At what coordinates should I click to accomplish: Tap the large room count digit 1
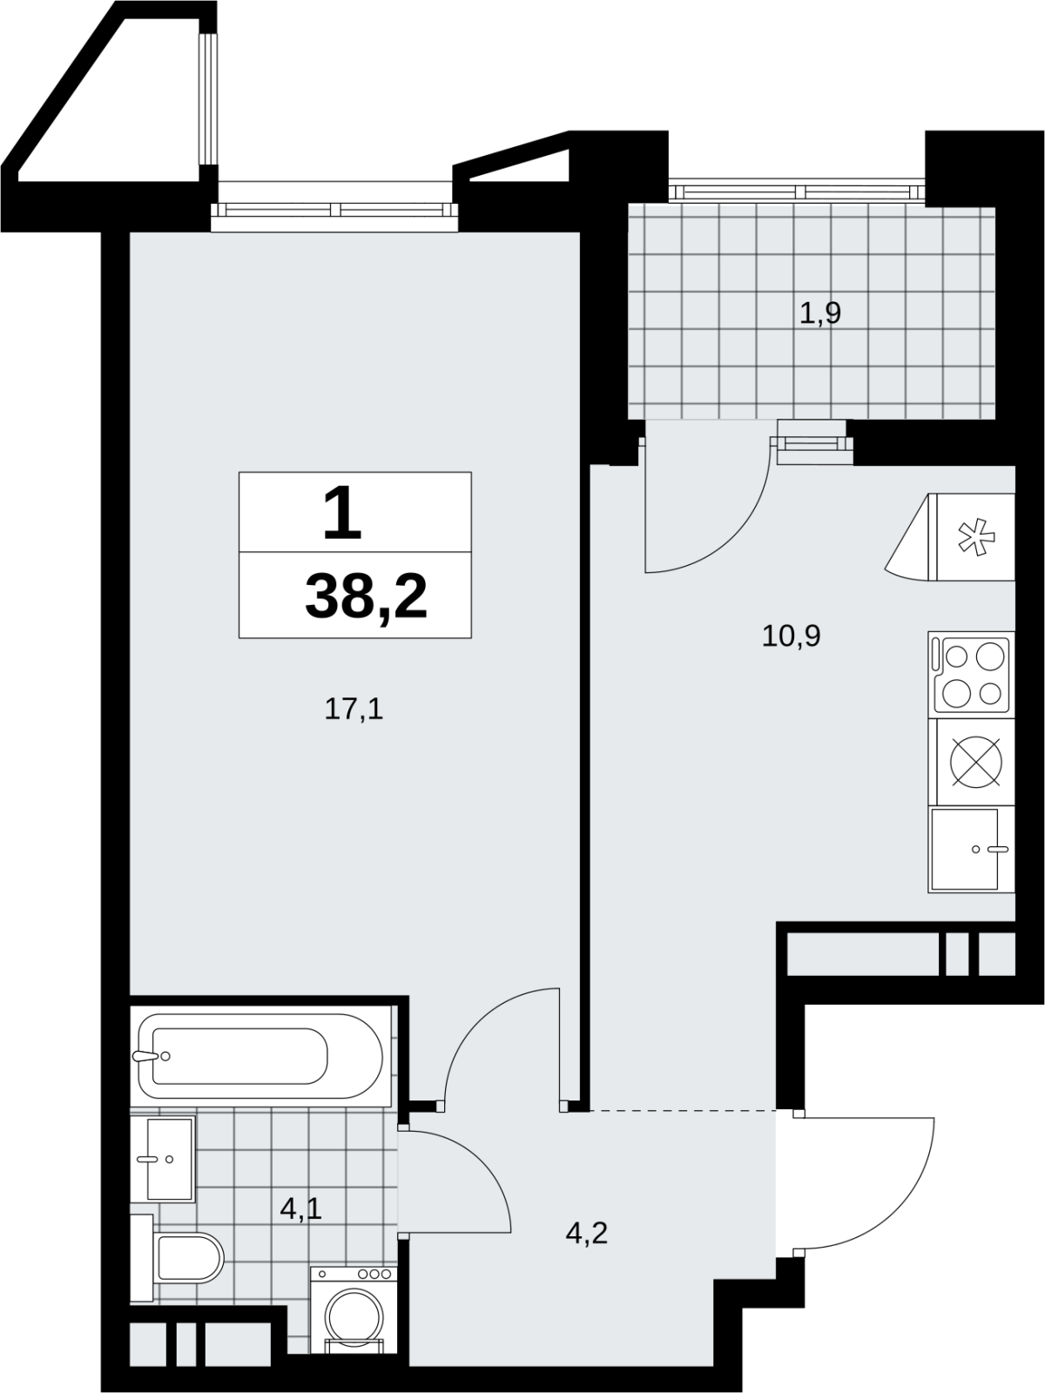click(342, 512)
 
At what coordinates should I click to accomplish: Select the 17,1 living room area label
click(354, 708)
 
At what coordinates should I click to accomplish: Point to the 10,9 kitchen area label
click(792, 636)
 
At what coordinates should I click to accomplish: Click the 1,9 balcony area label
click(819, 313)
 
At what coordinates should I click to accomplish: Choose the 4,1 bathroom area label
click(300, 1209)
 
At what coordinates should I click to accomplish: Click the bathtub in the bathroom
click(260, 1056)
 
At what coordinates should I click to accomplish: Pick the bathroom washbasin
click(170, 1160)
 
